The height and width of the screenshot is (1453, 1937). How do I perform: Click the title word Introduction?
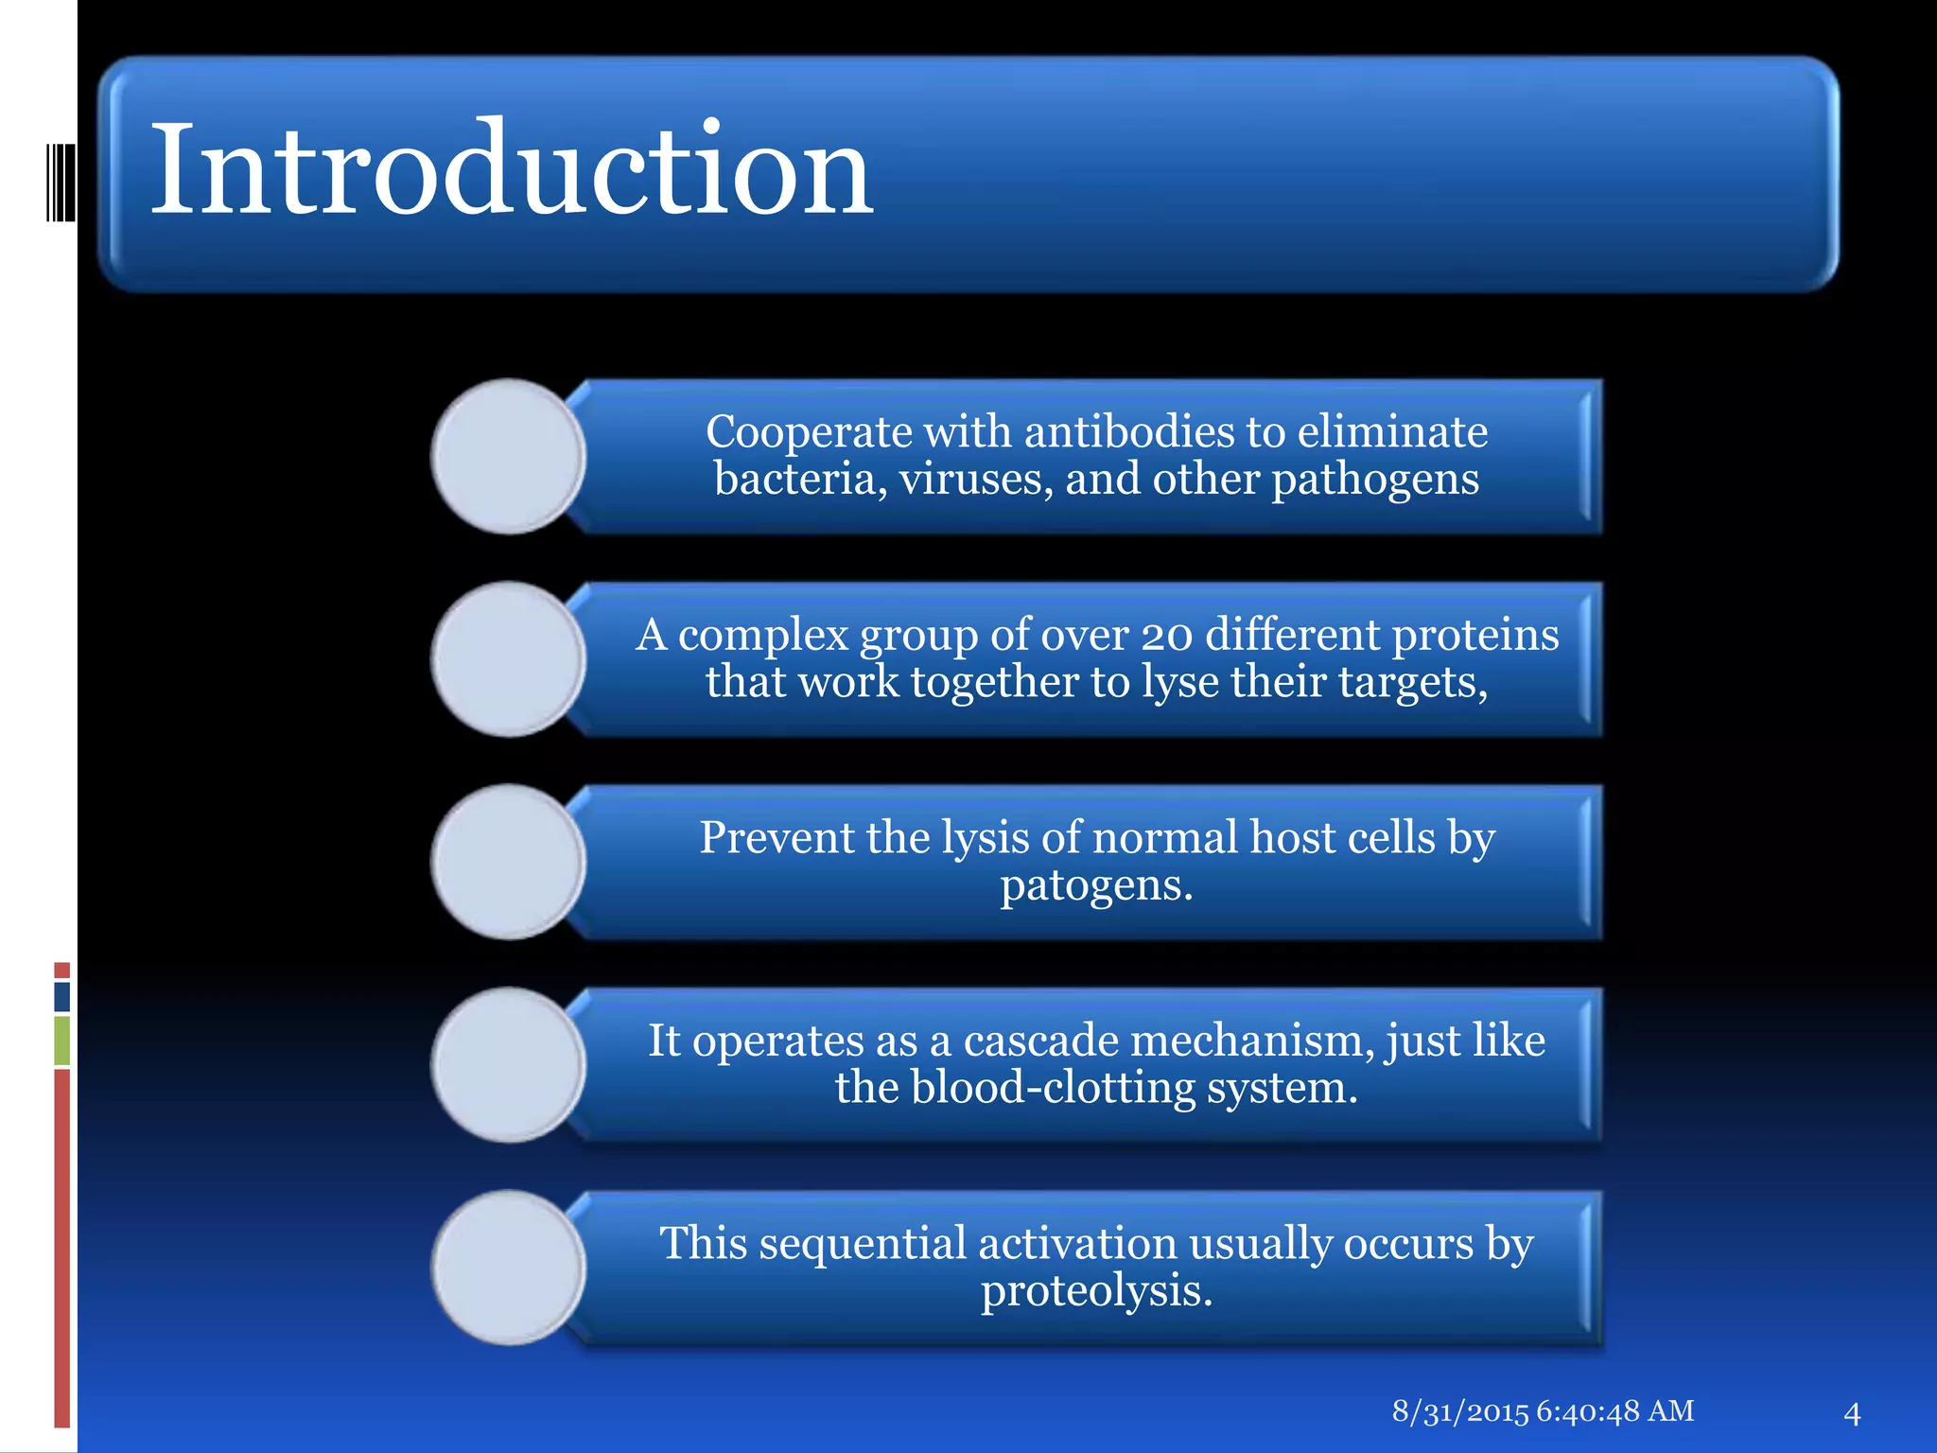click(x=511, y=170)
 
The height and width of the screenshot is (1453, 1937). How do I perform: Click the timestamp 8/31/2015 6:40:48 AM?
click(x=1543, y=1411)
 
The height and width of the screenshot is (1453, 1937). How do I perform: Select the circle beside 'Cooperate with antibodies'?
click(x=509, y=457)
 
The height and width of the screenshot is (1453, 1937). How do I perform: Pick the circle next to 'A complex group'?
click(x=509, y=659)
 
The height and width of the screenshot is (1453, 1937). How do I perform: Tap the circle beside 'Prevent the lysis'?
click(x=509, y=862)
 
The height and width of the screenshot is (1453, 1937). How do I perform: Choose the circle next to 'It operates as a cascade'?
click(x=509, y=1064)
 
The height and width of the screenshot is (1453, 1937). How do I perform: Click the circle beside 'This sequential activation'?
click(x=509, y=1268)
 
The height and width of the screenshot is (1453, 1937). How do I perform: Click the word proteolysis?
click(x=1096, y=1291)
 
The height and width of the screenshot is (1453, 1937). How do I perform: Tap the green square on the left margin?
click(x=62, y=1041)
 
